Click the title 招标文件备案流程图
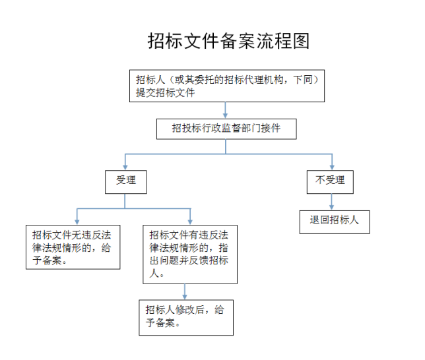pyautogui.click(x=228, y=41)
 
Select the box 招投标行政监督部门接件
pyautogui.click(x=226, y=129)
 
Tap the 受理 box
pyautogui.click(x=126, y=182)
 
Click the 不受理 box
pyautogui.click(x=330, y=182)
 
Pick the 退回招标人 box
pyautogui.click(x=335, y=222)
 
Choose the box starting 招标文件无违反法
pyautogui.click(x=73, y=247)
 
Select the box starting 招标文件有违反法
pyautogui.click(x=190, y=255)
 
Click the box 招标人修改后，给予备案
pyautogui.click(x=186, y=317)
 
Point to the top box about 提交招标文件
pyautogui.click(x=227, y=86)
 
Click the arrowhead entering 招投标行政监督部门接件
pyautogui.click(x=225, y=116)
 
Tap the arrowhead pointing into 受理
pyautogui.click(x=125, y=167)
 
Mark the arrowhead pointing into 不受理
pyautogui.click(x=332, y=167)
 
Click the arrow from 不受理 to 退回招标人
pyautogui.click(x=331, y=202)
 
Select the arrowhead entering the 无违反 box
pyautogui.click(x=77, y=222)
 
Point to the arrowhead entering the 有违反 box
pyautogui.click(x=190, y=222)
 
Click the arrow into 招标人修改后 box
pyautogui.click(x=185, y=291)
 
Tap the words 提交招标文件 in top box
pyautogui.click(x=166, y=93)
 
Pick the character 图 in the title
pyautogui.click(x=301, y=41)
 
